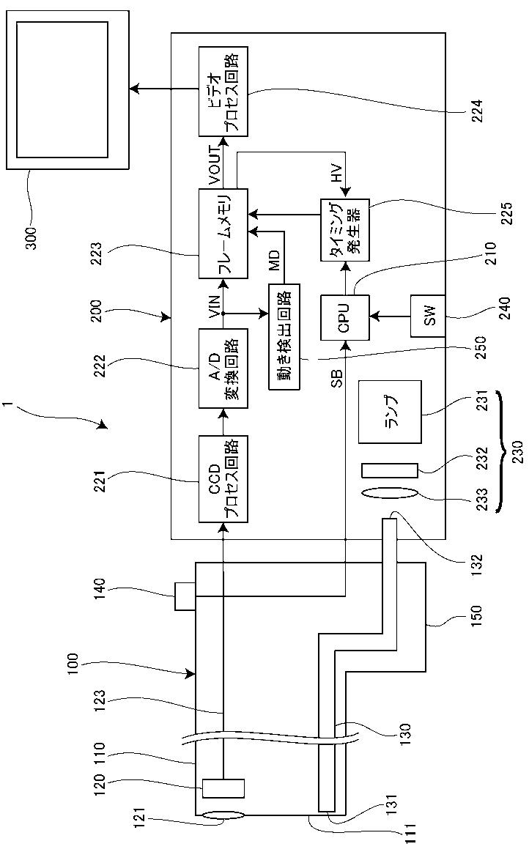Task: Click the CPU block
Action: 344,317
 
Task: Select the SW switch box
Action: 427,316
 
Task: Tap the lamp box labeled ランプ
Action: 390,411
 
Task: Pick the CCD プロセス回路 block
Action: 223,478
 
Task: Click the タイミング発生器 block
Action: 344,230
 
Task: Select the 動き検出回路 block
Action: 284,337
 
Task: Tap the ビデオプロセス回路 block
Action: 223,92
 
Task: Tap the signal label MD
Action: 275,260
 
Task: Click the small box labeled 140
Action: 185,596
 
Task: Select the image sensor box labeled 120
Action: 223,788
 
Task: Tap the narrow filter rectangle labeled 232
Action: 390,470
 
